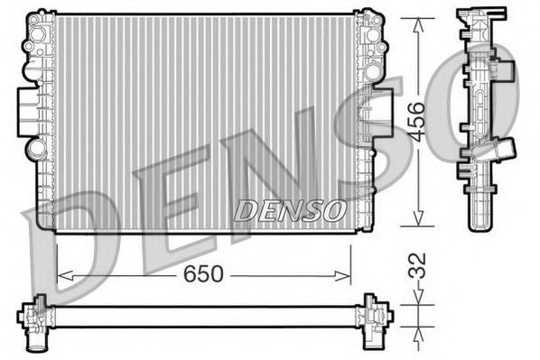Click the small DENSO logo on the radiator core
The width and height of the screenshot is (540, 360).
290,211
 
